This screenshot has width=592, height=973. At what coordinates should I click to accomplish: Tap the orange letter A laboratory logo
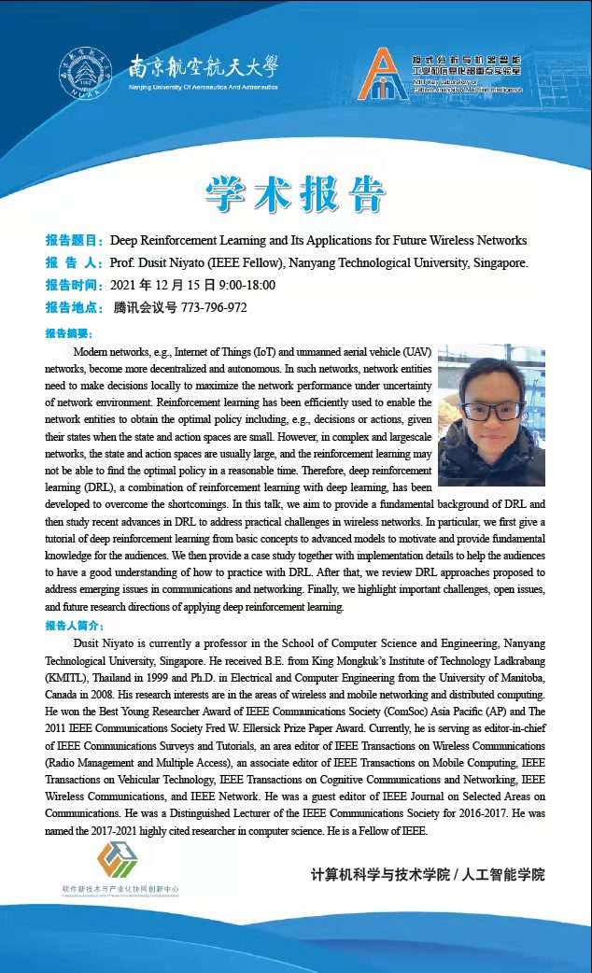(385, 76)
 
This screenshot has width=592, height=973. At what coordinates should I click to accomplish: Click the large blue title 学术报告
(295, 193)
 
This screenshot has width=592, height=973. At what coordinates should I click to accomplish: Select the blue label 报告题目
(75, 240)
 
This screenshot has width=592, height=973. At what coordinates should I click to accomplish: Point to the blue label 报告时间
(75, 285)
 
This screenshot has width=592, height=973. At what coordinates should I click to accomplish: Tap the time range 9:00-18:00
(247, 285)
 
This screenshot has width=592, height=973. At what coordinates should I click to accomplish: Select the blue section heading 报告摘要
(68, 333)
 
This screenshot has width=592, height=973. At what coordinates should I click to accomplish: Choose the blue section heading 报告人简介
(75, 626)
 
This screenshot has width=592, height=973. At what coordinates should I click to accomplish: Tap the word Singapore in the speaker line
(496, 262)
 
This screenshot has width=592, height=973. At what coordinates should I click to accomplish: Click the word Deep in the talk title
(126, 240)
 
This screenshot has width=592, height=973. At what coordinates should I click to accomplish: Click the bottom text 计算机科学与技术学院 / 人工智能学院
(427, 875)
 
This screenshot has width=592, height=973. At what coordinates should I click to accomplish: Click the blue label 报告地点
(75, 307)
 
